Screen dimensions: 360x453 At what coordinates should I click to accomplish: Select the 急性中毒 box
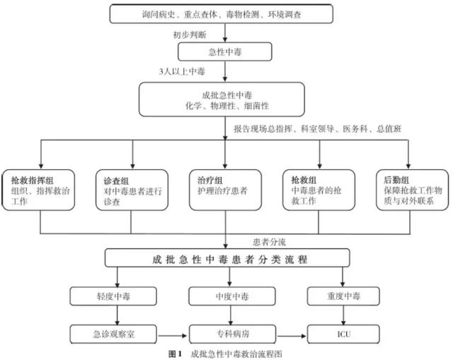[225, 51]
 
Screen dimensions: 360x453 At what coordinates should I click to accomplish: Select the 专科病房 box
[225, 332]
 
